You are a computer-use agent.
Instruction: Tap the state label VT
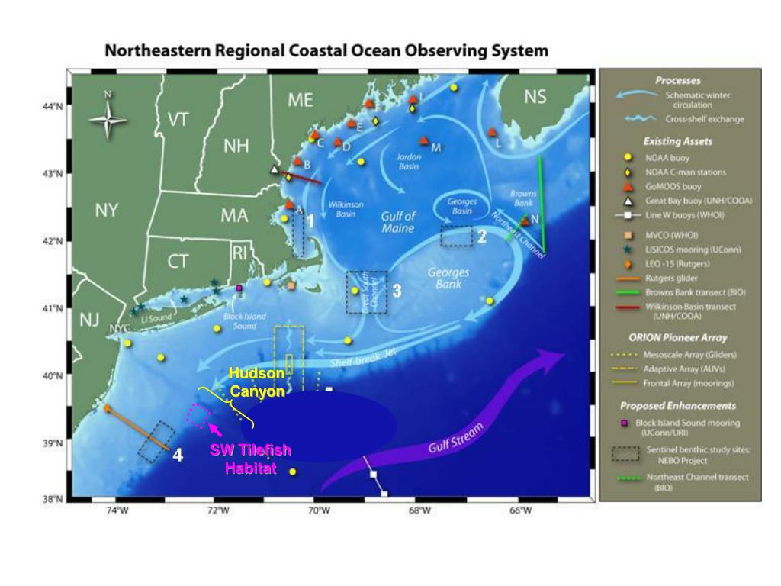[x=178, y=120]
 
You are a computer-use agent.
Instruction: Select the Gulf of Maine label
[x=398, y=222]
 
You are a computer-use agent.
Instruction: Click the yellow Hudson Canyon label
[x=257, y=382]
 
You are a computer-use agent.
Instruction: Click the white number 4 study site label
[x=177, y=456]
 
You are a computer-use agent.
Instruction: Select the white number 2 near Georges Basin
[x=482, y=237]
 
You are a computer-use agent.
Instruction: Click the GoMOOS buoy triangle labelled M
[x=424, y=140]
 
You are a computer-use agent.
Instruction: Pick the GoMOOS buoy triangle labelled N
[x=525, y=221]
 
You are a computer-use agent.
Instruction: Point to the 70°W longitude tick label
[x=319, y=510]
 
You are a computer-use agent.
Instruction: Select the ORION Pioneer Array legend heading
[x=678, y=337]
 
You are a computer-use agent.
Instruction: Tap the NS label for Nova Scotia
[x=536, y=97]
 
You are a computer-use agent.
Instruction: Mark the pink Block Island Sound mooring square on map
[x=239, y=288]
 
